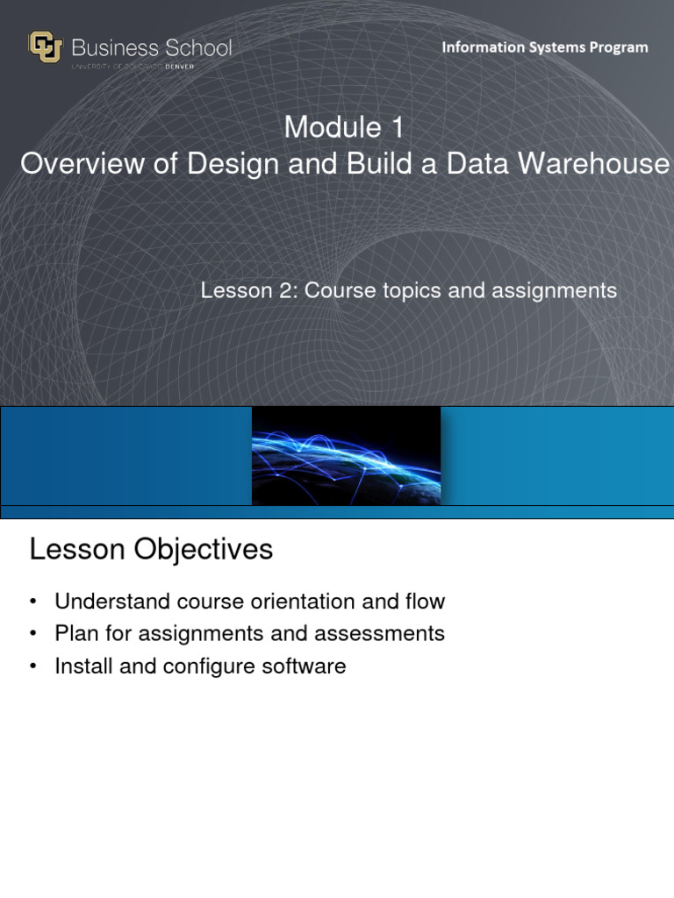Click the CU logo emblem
[46, 47]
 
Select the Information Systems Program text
[544, 47]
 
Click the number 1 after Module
[397, 128]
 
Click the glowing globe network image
[346, 456]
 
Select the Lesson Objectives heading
[151, 550]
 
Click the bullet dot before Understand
[33, 602]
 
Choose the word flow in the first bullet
[424, 602]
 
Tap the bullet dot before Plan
[33, 634]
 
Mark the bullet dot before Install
[33, 666]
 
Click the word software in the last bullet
[304, 666]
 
